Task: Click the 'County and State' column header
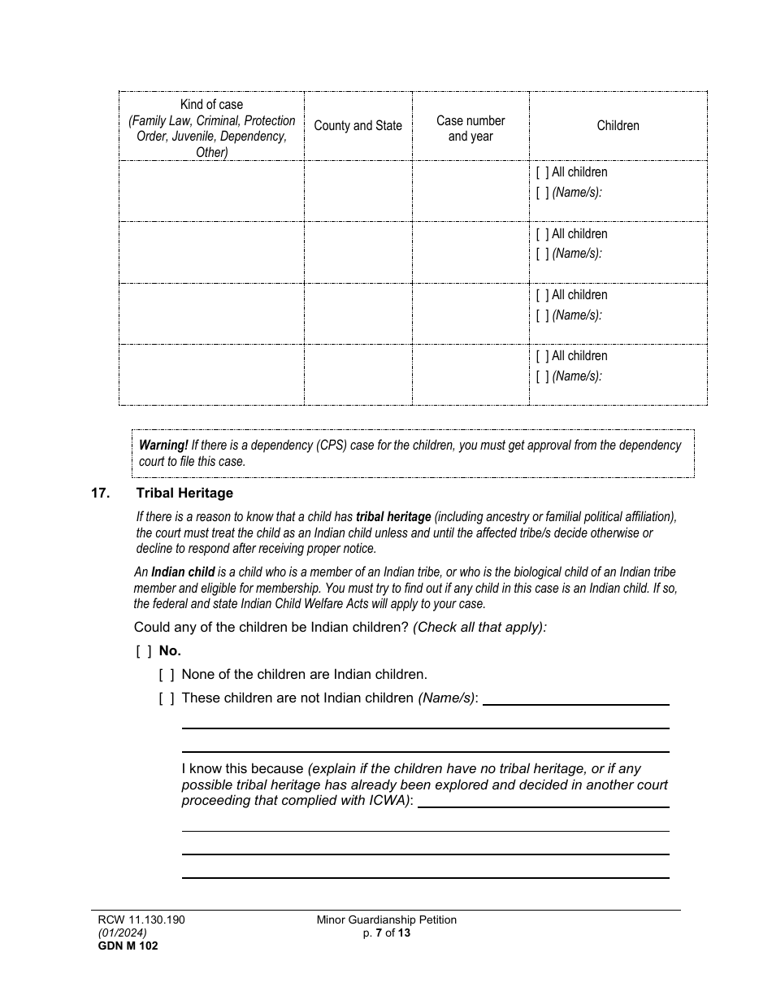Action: [x=358, y=126]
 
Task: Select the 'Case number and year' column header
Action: [x=471, y=128]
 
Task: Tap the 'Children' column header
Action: [x=618, y=126]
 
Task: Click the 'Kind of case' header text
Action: [x=211, y=105]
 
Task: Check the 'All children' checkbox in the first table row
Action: [x=542, y=172]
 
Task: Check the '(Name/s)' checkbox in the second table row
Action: [x=542, y=254]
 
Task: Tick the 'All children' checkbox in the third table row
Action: [x=542, y=295]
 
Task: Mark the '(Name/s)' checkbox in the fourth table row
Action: [x=542, y=376]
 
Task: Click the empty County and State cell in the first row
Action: [x=358, y=190]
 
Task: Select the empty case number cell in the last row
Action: [x=471, y=374]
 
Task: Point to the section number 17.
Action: [x=100, y=493]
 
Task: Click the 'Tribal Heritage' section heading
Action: [x=184, y=493]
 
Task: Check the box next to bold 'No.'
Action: [x=144, y=651]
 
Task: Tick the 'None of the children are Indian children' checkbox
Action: [x=167, y=675]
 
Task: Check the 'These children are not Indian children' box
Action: [x=167, y=698]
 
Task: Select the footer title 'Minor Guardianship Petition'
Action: [x=387, y=920]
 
